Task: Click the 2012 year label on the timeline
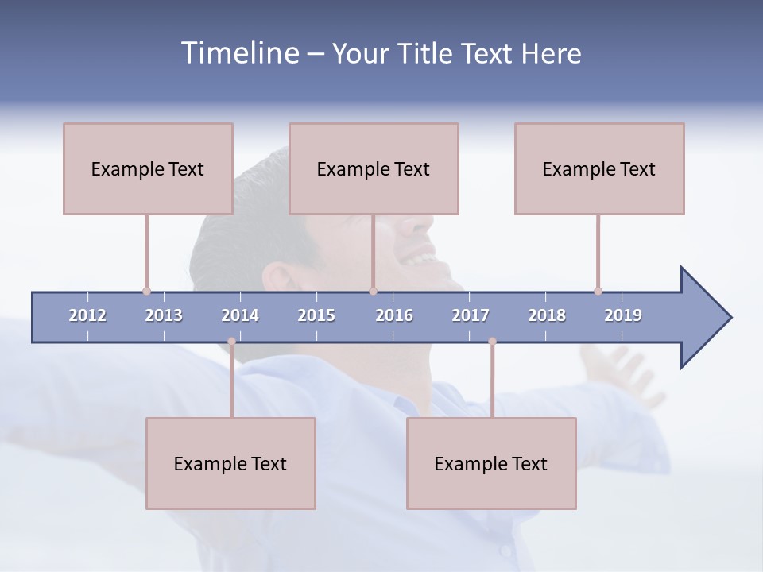pos(87,315)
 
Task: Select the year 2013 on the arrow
pos(164,315)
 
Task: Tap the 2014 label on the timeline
pos(240,315)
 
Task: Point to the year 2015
pos(316,315)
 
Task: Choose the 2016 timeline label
pos(394,315)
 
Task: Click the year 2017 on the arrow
pos(471,315)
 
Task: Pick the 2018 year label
pos(547,315)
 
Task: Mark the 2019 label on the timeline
pos(623,315)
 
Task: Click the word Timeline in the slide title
pos(239,53)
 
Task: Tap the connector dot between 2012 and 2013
pos(146,291)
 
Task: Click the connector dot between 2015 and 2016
pos(373,291)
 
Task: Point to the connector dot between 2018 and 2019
pos(598,291)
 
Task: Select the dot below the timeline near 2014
pos(231,342)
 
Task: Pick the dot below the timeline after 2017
pos(492,342)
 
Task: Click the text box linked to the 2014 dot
pos(230,463)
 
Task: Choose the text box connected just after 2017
pos(491,463)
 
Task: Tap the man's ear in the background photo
pos(278,278)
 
